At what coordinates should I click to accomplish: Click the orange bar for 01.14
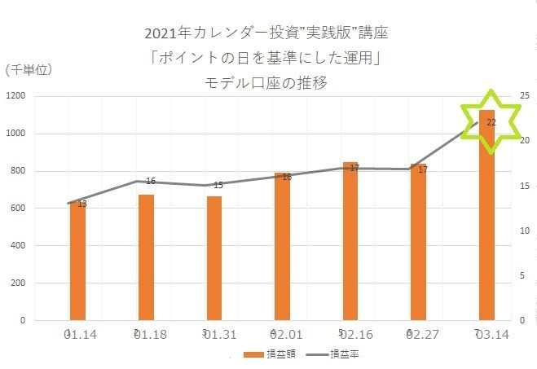click(77, 261)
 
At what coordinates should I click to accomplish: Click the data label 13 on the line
click(82, 204)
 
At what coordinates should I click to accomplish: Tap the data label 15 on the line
click(218, 186)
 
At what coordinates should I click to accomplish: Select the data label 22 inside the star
click(491, 122)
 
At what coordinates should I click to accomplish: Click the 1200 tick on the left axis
click(17, 96)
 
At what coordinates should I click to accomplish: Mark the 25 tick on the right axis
click(524, 96)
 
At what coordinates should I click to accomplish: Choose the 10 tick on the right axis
click(524, 231)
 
